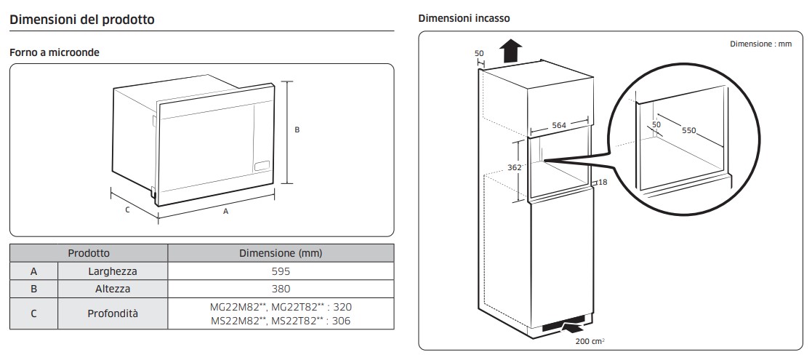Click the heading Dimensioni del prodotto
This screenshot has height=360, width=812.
pyautogui.click(x=81, y=20)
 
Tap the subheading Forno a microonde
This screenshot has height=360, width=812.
pyautogui.click(x=54, y=53)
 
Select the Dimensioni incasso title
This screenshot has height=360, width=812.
pyautogui.click(x=464, y=18)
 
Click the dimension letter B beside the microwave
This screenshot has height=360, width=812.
pyautogui.click(x=297, y=130)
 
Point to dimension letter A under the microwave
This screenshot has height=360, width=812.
pyautogui.click(x=226, y=212)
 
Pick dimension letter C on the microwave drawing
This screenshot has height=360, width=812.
pyautogui.click(x=127, y=210)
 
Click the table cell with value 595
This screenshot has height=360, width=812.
pyautogui.click(x=281, y=271)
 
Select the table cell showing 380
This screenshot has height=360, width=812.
pyautogui.click(x=281, y=289)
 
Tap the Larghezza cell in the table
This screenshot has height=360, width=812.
pyautogui.click(x=112, y=271)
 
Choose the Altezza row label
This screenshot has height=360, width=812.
pyautogui.click(x=112, y=289)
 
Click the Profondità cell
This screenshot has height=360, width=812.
pyautogui.click(x=112, y=313)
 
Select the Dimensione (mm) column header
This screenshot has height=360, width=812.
pyautogui.click(x=281, y=253)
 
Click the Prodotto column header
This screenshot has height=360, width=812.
pyautogui.click(x=89, y=253)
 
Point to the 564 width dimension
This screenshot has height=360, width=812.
pyautogui.click(x=558, y=125)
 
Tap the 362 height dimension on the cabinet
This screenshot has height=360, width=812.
pyautogui.click(x=515, y=167)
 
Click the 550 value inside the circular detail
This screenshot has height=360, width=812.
pyautogui.click(x=689, y=131)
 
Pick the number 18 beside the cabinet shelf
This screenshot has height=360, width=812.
pyautogui.click(x=603, y=183)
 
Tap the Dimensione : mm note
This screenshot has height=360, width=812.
pyautogui.click(x=760, y=44)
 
